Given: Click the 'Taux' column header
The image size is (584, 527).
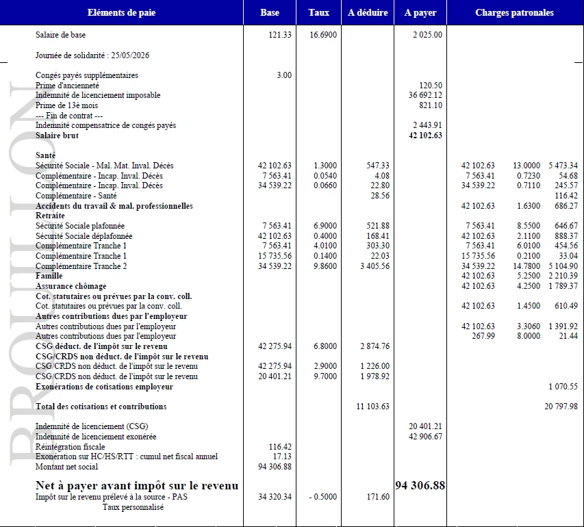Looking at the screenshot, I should click(x=319, y=13).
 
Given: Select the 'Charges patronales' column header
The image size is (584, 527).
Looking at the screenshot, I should click(x=514, y=13).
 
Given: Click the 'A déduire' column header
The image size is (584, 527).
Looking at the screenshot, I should click(x=368, y=13).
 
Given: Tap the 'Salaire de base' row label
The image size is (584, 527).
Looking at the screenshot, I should click(x=61, y=35).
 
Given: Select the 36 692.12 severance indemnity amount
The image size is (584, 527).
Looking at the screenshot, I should click(x=425, y=95).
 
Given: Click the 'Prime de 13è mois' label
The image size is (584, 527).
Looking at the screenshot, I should click(x=67, y=105).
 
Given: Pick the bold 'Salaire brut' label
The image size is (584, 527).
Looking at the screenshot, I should click(x=57, y=136).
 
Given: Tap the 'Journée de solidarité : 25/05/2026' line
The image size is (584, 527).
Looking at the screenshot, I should click(x=92, y=55).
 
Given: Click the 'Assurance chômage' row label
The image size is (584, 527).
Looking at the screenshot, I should click(x=71, y=286).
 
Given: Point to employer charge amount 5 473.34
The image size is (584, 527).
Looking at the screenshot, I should click(x=563, y=166).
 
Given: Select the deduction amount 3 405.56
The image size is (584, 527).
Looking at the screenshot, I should click(x=373, y=266).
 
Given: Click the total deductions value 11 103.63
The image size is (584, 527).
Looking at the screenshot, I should click(x=373, y=407).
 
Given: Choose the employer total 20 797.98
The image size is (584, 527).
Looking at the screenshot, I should click(x=561, y=407).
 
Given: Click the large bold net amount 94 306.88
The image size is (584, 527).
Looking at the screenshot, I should click(x=420, y=485).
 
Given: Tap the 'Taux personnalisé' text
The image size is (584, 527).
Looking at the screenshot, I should click(x=134, y=507).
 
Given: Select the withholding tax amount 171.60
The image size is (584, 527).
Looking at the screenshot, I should click(x=378, y=497).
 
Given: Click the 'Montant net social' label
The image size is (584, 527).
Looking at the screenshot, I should click(x=66, y=467).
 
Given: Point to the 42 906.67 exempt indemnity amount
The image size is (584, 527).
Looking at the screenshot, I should click(x=425, y=437).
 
